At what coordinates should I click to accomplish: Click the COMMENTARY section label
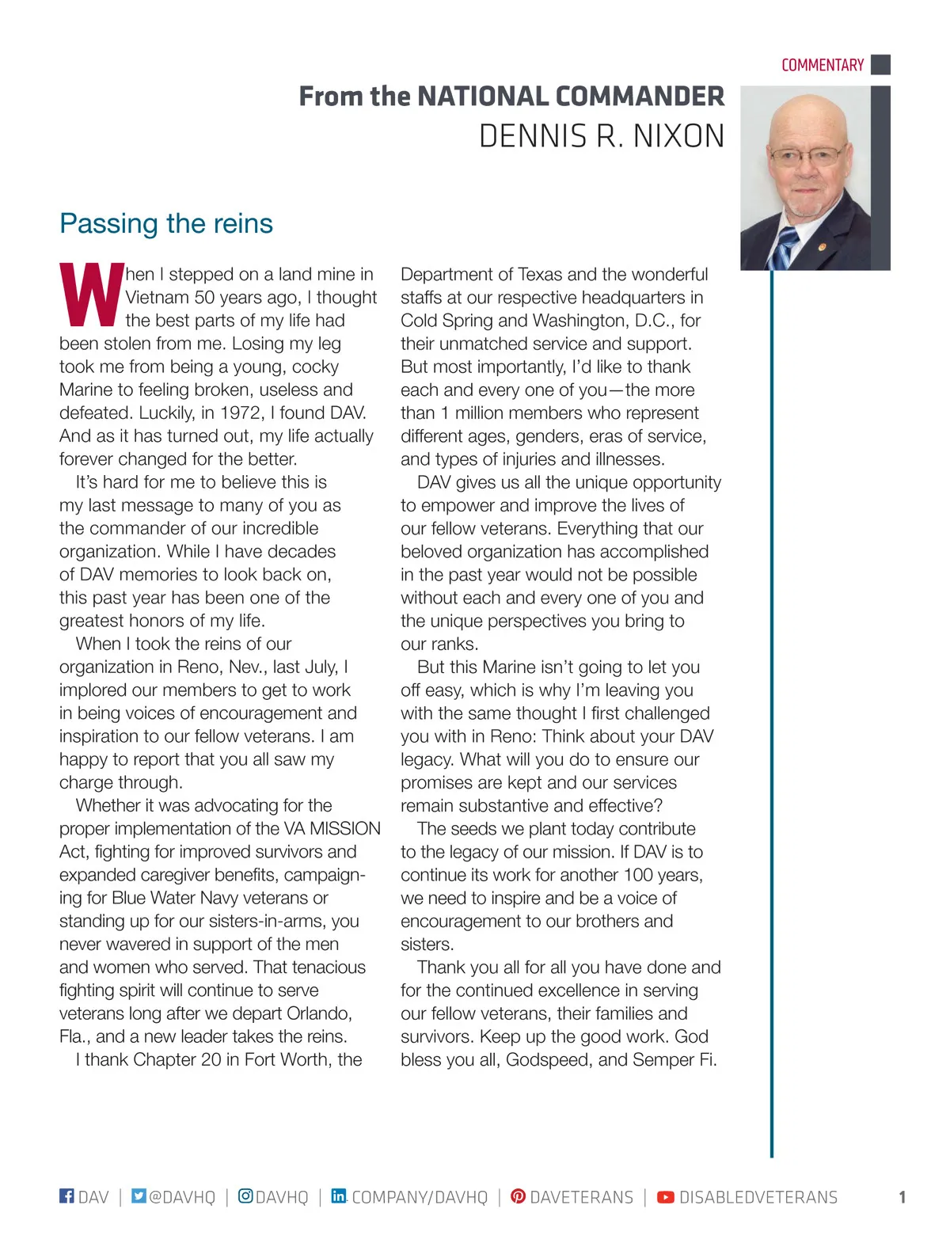(822, 65)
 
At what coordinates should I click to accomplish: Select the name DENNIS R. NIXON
(602, 136)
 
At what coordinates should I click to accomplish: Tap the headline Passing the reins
(166, 223)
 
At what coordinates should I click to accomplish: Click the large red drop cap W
(91, 295)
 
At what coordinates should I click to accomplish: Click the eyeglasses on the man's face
(807, 155)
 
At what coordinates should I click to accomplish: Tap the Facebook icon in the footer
(66, 1196)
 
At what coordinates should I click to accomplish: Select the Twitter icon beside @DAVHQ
(139, 1196)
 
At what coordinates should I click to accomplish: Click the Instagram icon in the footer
(245, 1196)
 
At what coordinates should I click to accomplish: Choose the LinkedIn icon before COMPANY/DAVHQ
(338, 1196)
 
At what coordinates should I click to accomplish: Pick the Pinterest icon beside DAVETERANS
(518, 1196)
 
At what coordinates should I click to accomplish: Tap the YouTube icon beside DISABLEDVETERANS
(666, 1196)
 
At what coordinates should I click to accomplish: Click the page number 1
(902, 1197)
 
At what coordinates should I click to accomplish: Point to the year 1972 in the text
(241, 412)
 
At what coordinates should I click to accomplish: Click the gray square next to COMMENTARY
(880, 65)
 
